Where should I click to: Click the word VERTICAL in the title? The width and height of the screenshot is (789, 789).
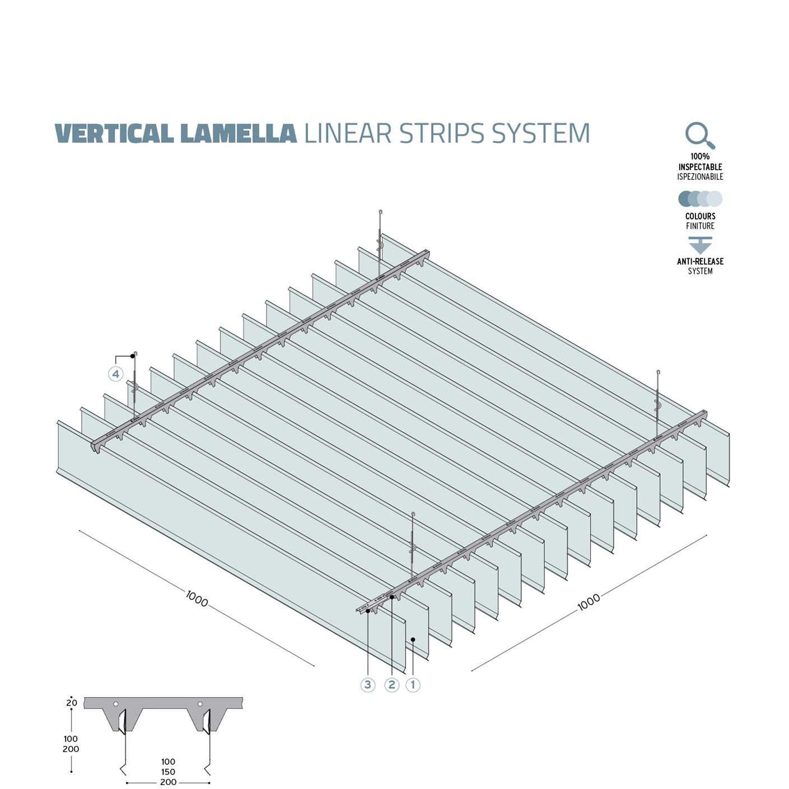pyautogui.click(x=114, y=134)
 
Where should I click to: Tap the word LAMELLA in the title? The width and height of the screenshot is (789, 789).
pyautogui.click(x=239, y=134)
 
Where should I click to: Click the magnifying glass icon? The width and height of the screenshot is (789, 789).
pyautogui.click(x=699, y=136)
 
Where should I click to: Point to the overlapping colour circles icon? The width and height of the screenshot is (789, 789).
pyautogui.click(x=700, y=199)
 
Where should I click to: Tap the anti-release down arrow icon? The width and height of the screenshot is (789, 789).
pyautogui.click(x=700, y=245)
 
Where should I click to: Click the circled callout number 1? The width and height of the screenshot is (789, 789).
pyautogui.click(x=413, y=684)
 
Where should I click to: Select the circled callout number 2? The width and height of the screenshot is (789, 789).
pyautogui.click(x=391, y=684)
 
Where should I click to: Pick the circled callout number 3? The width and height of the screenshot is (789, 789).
pyautogui.click(x=368, y=684)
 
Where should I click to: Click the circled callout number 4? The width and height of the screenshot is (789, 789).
pyautogui.click(x=116, y=374)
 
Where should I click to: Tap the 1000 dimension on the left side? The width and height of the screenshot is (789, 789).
pyautogui.click(x=197, y=599)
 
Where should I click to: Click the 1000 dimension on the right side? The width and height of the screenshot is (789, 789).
pyautogui.click(x=589, y=602)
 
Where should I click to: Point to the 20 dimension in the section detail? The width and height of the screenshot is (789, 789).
pyautogui.click(x=72, y=703)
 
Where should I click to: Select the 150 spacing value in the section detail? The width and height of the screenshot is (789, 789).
pyautogui.click(x=168, y=772)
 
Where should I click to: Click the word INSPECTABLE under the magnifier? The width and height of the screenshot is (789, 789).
pyautogui.click(x=700, y=167)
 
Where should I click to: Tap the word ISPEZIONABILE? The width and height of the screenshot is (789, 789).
pyautogui.click(x=700, y=177)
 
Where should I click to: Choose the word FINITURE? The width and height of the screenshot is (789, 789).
pyautogui.click(x=700, y=226)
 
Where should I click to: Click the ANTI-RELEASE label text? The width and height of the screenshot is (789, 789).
pyautogui.click(x=700, y=262)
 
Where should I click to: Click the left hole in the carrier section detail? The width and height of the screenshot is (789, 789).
pyautogui.click(x=115, y=704)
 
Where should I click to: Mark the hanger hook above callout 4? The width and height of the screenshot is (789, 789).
pyautogui.click(x=136, y=355)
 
